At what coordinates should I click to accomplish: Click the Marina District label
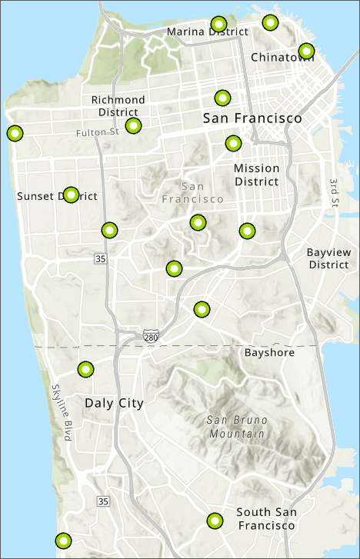point(208,32)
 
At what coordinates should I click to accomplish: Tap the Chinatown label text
point(282,58)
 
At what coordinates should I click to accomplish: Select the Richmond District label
point(118,106)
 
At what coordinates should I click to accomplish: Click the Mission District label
point(256,175)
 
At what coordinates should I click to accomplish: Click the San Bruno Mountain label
point(235,427)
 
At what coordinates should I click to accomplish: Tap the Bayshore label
point(269,353)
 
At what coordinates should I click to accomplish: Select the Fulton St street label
point(98,132)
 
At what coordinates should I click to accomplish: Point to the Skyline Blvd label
point(62,412)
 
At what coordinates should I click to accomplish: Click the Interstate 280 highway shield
point(150,336)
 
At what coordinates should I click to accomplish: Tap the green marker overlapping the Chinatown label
point(306,52)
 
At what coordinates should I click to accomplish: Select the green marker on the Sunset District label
point(71,195)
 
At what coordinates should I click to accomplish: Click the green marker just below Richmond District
point(133,125)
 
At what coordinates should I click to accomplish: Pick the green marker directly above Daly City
point(85,370)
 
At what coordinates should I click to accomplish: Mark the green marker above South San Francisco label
point(215,521)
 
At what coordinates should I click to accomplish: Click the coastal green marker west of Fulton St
point(15,133)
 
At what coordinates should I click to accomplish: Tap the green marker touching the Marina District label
point(218,24)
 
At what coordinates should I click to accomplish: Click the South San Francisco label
point(265,519)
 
